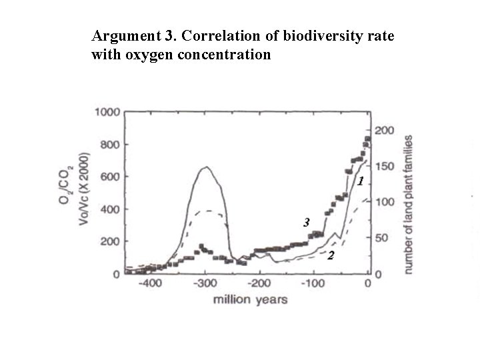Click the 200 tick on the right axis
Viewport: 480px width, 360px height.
384,130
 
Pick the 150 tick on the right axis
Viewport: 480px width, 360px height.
384,166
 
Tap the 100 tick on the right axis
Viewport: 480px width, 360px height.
384,202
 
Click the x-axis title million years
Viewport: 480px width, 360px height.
250,299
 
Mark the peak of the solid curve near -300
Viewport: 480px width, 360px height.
207,167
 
